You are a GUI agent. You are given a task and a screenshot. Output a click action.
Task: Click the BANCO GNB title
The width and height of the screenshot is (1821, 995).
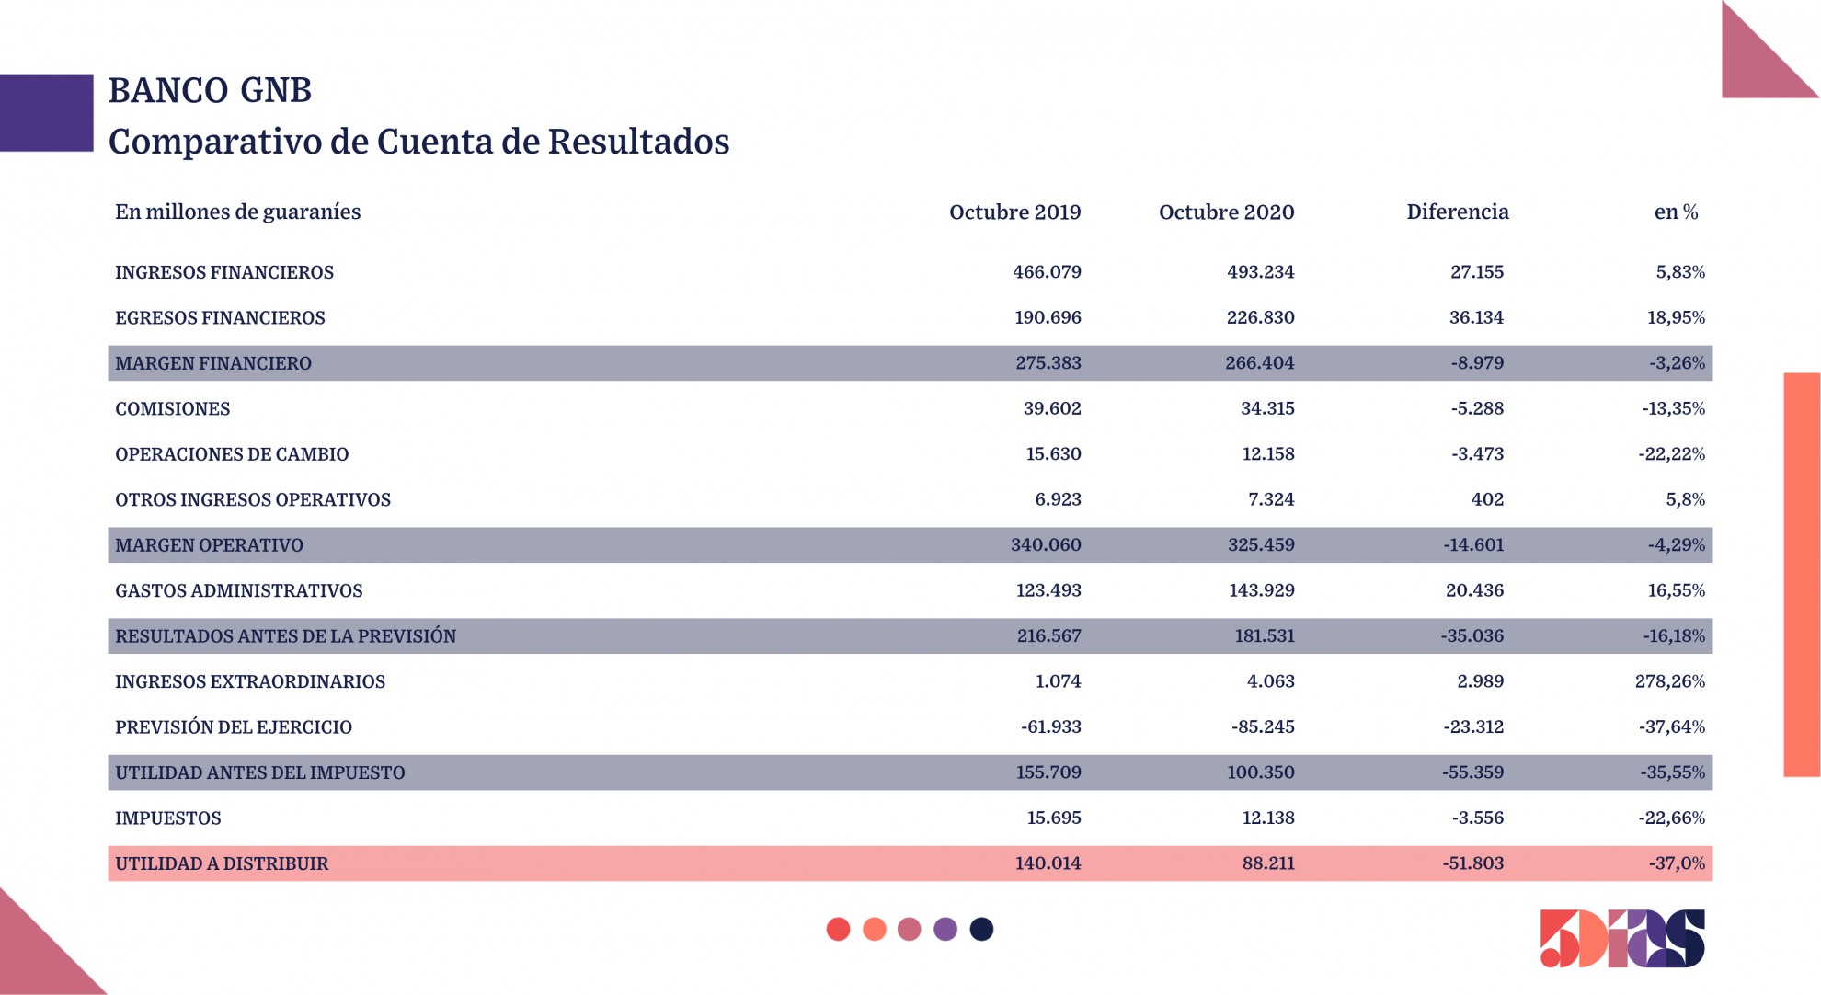[210, 90]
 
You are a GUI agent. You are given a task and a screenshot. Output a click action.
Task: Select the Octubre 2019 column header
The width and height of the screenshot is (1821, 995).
[1014, 212]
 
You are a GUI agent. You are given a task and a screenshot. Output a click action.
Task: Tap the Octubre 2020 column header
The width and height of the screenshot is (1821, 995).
[1226, 212]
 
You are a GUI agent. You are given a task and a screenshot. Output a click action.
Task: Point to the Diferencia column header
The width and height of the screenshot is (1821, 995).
[1458, 212]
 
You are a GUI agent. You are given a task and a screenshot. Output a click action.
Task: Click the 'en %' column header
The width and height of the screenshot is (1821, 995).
[1676, 212]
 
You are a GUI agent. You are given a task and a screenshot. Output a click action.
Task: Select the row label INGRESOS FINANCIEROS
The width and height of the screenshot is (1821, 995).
[224, 272]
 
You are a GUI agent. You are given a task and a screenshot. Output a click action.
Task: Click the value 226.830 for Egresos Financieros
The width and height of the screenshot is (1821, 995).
[1260, 317]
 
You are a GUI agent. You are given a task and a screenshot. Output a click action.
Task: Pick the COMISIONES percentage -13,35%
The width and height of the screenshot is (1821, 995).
[1673, 408]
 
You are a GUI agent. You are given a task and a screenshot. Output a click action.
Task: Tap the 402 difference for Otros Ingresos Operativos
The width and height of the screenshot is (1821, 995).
[1487, 499]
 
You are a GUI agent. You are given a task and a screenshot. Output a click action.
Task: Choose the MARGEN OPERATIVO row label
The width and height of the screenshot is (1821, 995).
[209, 545]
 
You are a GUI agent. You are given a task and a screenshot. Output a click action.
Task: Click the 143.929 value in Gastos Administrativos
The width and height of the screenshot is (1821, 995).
[1261, 590]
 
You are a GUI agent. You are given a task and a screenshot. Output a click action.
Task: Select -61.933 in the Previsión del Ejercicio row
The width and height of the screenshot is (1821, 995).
[1050, 726]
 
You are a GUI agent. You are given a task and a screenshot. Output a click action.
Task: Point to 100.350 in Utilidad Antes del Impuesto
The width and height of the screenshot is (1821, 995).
[1260, 772]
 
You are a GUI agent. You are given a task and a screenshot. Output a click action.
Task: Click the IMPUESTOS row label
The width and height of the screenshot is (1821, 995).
[168, 818]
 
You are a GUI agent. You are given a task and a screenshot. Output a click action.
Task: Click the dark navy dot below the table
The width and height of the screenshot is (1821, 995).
[981, 929]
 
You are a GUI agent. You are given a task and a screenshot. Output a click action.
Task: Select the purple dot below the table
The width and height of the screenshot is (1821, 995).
[945, 929]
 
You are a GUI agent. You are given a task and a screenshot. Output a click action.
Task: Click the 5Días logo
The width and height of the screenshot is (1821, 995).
[1621, 939]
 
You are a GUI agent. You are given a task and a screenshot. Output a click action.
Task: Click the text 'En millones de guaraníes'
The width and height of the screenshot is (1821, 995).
[237, 212]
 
